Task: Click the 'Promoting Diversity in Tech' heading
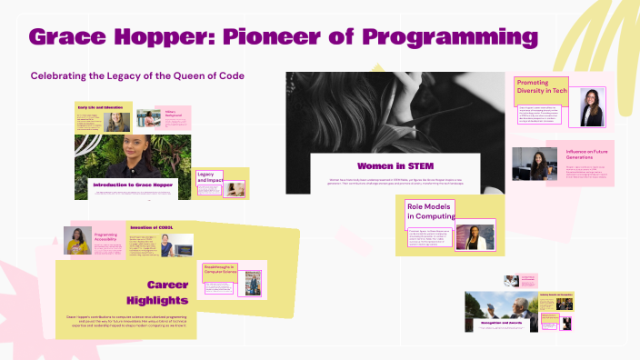click(542, 88)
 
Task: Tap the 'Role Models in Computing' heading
click(429, 211)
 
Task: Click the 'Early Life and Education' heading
click(100, 107)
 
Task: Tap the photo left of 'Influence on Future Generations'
click(535, 165)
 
